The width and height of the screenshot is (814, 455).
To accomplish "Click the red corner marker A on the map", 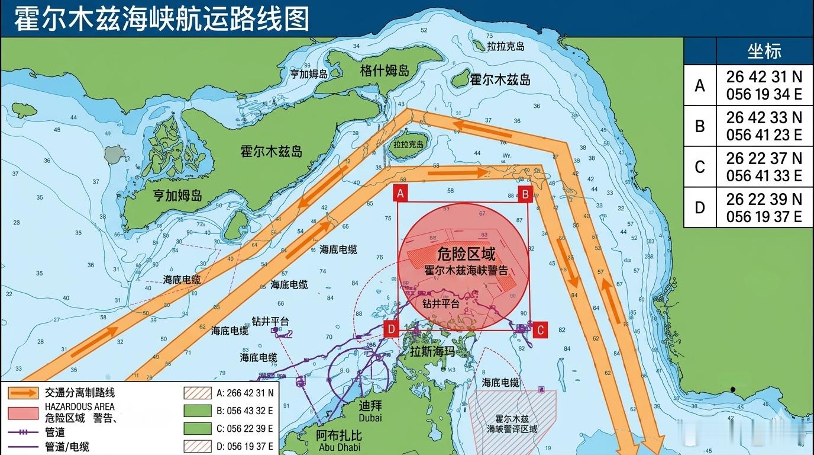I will (x=400, y=194).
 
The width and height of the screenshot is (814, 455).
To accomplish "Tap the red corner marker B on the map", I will (x=525, y=194).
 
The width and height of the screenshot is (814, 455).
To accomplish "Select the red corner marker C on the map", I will (x=540, y=330).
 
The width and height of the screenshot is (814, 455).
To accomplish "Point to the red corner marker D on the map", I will (x=391, y=329).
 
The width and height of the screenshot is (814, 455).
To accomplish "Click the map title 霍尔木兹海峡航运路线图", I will (x=161, y=19).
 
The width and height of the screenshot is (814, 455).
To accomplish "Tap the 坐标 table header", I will (x=764, y=52).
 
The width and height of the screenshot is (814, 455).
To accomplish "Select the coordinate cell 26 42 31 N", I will (x=764, y=77).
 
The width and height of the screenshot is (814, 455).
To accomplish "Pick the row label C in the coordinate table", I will (x=700, y=167).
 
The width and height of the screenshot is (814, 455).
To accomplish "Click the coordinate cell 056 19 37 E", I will (x=764, y=217).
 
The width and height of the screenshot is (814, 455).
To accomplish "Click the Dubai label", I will (x=370, y=418).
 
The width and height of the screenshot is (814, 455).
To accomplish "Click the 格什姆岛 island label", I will (x=385, y=71).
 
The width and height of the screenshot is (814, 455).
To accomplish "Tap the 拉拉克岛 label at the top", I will (x=505, y=46).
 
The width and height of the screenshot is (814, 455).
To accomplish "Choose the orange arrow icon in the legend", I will (x=24, y=392).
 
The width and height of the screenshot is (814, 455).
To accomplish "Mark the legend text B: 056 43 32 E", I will (x=245, y=410).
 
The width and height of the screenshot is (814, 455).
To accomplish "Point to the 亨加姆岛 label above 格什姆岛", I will (x=308, y=74).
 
